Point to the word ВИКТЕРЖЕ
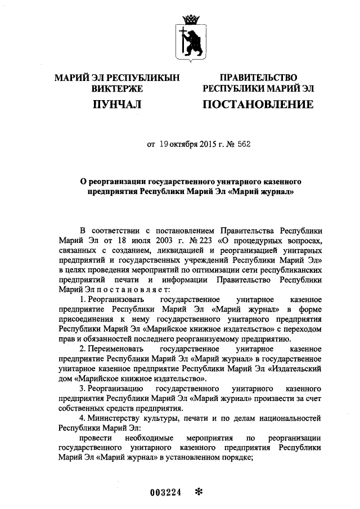pyautogui.click(x=117, y=88)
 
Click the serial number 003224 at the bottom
pyautogui.click(x=164, y=492)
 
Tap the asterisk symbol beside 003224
pyautogui.click(x=197, y=491)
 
